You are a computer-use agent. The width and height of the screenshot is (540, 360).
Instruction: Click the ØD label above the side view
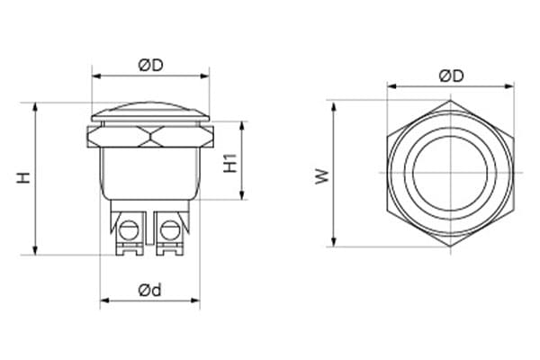point(150,65)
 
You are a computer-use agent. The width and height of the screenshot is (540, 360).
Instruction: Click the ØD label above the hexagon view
point(451,76)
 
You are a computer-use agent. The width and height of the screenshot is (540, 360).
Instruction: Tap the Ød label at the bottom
point(149,291)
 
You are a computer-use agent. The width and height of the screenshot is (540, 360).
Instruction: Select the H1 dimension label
point(230,163)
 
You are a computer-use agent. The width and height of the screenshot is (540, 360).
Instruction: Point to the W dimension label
point(322,176)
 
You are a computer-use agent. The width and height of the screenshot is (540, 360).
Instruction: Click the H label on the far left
point(23,178)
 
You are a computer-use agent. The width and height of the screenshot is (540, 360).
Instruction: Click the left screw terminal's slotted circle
point(128,230)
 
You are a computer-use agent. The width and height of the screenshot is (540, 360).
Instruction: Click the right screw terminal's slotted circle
point(169,230)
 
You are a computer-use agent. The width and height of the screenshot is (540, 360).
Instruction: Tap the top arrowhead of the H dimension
point(35,107)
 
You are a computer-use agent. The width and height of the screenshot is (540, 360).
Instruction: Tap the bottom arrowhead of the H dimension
point(35,250)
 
